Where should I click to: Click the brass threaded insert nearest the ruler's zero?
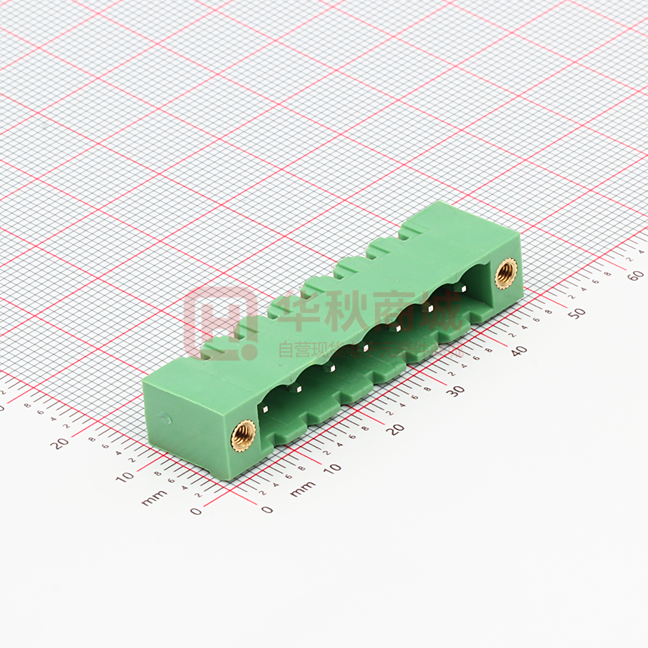[242, 436]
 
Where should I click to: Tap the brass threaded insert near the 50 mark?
[505, 273]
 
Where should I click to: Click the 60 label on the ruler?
[635, 275]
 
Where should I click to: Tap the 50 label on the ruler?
[576, 313]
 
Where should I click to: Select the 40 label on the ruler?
[518, 351]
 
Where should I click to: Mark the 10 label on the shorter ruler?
[125, 476]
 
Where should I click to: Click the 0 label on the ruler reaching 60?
[267, 509]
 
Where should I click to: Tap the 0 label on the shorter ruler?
[195, 511]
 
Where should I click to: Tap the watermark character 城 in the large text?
[441, 312]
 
